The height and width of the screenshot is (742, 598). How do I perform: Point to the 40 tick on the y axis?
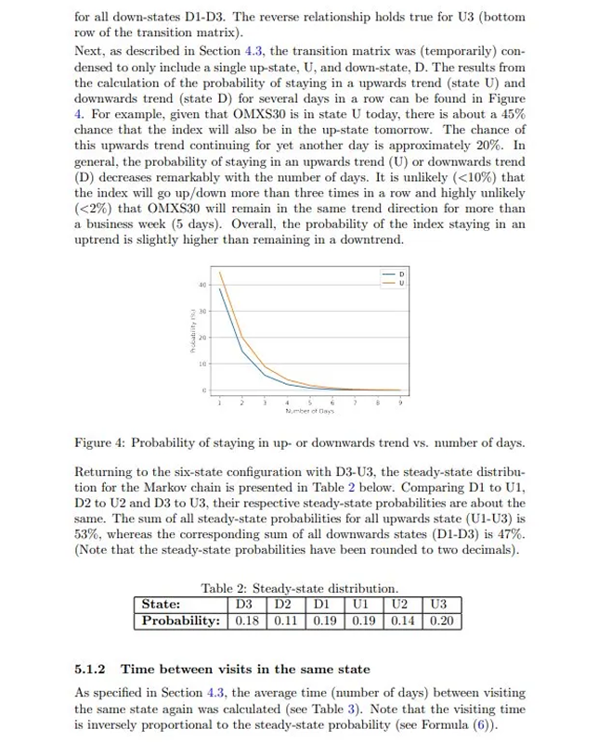click(x=201, y=284)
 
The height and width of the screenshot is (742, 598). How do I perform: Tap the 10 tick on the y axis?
click(x=201, y=365)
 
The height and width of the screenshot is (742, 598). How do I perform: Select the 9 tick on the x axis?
click(x=401, y=401)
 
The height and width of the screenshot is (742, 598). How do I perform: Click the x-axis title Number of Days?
click(x=309, y=410)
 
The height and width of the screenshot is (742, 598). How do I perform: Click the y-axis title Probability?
click(x=189, y=337)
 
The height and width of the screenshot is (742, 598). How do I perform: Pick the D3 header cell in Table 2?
click(x=245, y=605)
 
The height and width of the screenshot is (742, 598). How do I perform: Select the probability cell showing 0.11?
click(x=280, y=620)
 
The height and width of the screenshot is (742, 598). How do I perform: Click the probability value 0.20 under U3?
click(x=439, y=620)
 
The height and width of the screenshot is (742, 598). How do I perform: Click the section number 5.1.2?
click(x=90, y=669)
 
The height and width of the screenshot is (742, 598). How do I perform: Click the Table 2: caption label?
click(x=226, y=588)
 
